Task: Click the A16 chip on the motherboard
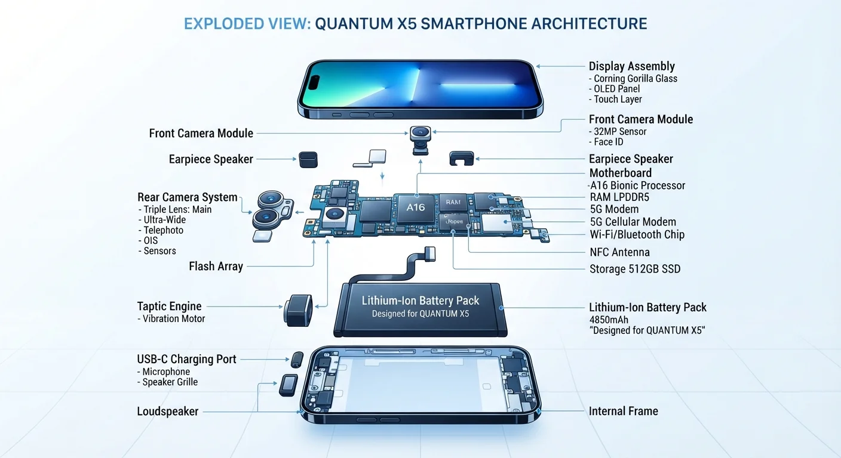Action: point(415,208)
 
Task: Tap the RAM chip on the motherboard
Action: point(453,202)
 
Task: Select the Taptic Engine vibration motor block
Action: point(298,310)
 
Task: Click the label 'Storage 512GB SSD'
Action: point(635,269)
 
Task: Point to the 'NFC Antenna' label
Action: point(619,252)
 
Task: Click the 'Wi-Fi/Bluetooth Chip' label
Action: point(637,234)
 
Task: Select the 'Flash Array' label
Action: point(216,267)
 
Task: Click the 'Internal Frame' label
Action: point(623,411)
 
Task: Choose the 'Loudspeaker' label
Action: point(167,411)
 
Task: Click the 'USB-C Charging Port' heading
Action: point(186,359)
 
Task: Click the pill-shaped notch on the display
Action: point(314,82)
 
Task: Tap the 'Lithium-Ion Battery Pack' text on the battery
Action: point(420,301)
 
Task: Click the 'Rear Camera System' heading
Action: point(187,197)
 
